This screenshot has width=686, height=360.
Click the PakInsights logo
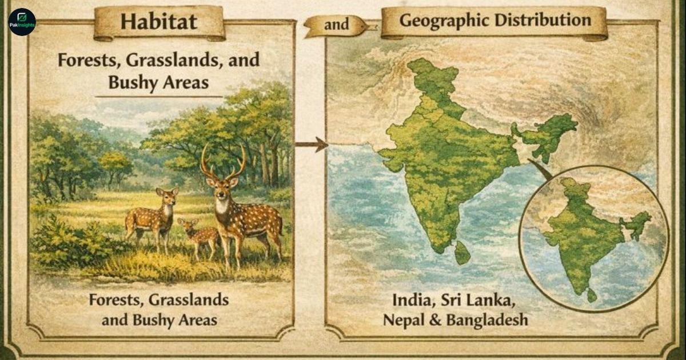click(22, 22)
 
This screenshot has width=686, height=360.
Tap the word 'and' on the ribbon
click(337, 25)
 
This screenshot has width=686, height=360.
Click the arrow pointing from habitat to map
click(312, 145)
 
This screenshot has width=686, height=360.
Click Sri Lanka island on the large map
click(462, 253)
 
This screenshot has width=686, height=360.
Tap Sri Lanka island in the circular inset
click(592, 295)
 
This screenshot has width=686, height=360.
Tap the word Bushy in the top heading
click(131, 82)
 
